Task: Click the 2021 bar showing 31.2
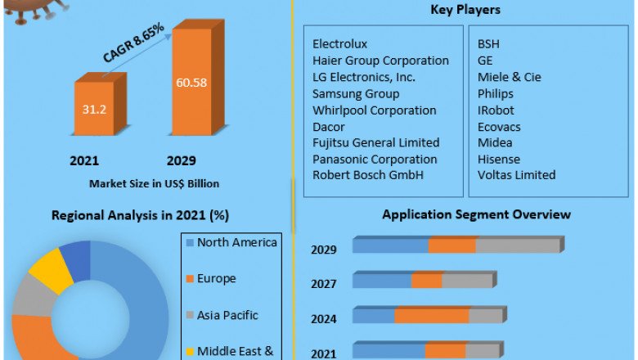[x=98, y=107]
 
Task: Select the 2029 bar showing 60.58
[x=191, y=82]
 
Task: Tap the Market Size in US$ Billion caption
[x=154, y=184]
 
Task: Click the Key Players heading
[x=465, y=11]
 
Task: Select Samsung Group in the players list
[x=356, y=93]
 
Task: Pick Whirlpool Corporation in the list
[x=375, y=110]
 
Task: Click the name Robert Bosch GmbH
[x=363, y=175]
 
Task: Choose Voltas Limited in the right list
[x=516, y=175]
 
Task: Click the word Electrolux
[x=340, y=44]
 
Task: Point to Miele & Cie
[x=509, y=77]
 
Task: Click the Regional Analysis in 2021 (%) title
[x=140, y=216]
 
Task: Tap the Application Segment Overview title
[x=477, y=215]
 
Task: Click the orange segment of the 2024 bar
[x=432, y=316]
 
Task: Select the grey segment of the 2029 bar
[x=518, y=245]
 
